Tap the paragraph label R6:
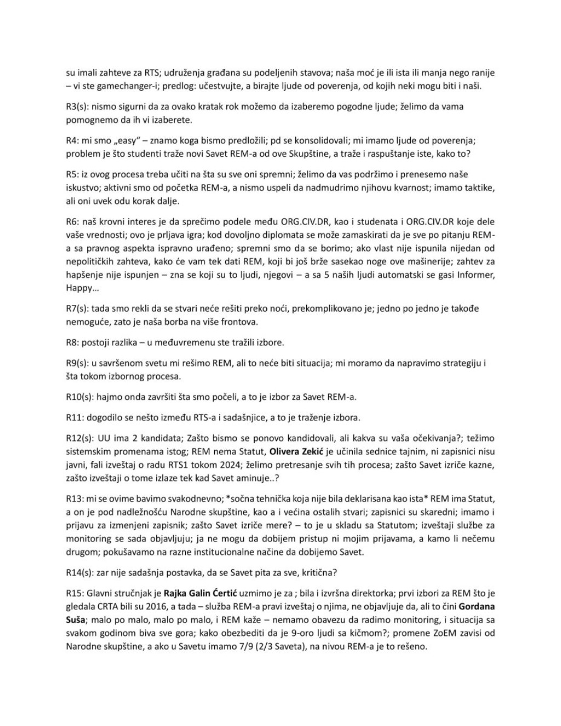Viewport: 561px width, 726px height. [x=73, y=222]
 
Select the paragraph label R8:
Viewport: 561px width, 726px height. [x=73, y=343]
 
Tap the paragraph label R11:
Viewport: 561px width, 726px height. [x=75, y=417]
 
